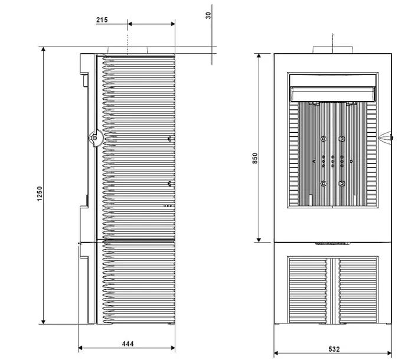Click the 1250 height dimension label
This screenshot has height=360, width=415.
(40, 194)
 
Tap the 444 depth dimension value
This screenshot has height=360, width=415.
(128, 343)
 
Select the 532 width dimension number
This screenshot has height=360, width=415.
(334, 349)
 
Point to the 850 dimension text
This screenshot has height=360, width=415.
(255, 158)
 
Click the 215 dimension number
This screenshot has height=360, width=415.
(102, 20)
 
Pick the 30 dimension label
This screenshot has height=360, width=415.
(208, 15)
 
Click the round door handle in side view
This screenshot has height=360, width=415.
(95, 138)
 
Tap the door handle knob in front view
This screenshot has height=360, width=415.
(386, 138)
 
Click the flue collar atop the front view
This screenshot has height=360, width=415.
(333, 50)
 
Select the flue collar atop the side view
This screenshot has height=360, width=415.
(128, 50)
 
